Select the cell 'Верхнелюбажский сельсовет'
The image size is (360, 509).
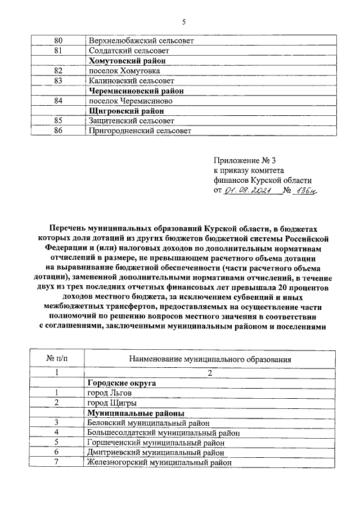pos(134,41)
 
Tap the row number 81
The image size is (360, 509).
pos(57,51)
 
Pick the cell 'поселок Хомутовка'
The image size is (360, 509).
pos(124,71)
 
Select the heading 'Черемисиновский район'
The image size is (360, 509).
pos(135,91)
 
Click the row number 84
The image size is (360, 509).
pos(57,101)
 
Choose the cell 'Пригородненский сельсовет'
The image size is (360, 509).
pos(139,131)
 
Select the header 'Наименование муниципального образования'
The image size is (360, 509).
pos(209,358)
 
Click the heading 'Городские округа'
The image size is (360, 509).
pos(120,383)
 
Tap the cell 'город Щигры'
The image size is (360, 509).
pos(111,403)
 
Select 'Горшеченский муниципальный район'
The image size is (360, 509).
pos(156,443)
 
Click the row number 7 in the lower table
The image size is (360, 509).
pos(57,462)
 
